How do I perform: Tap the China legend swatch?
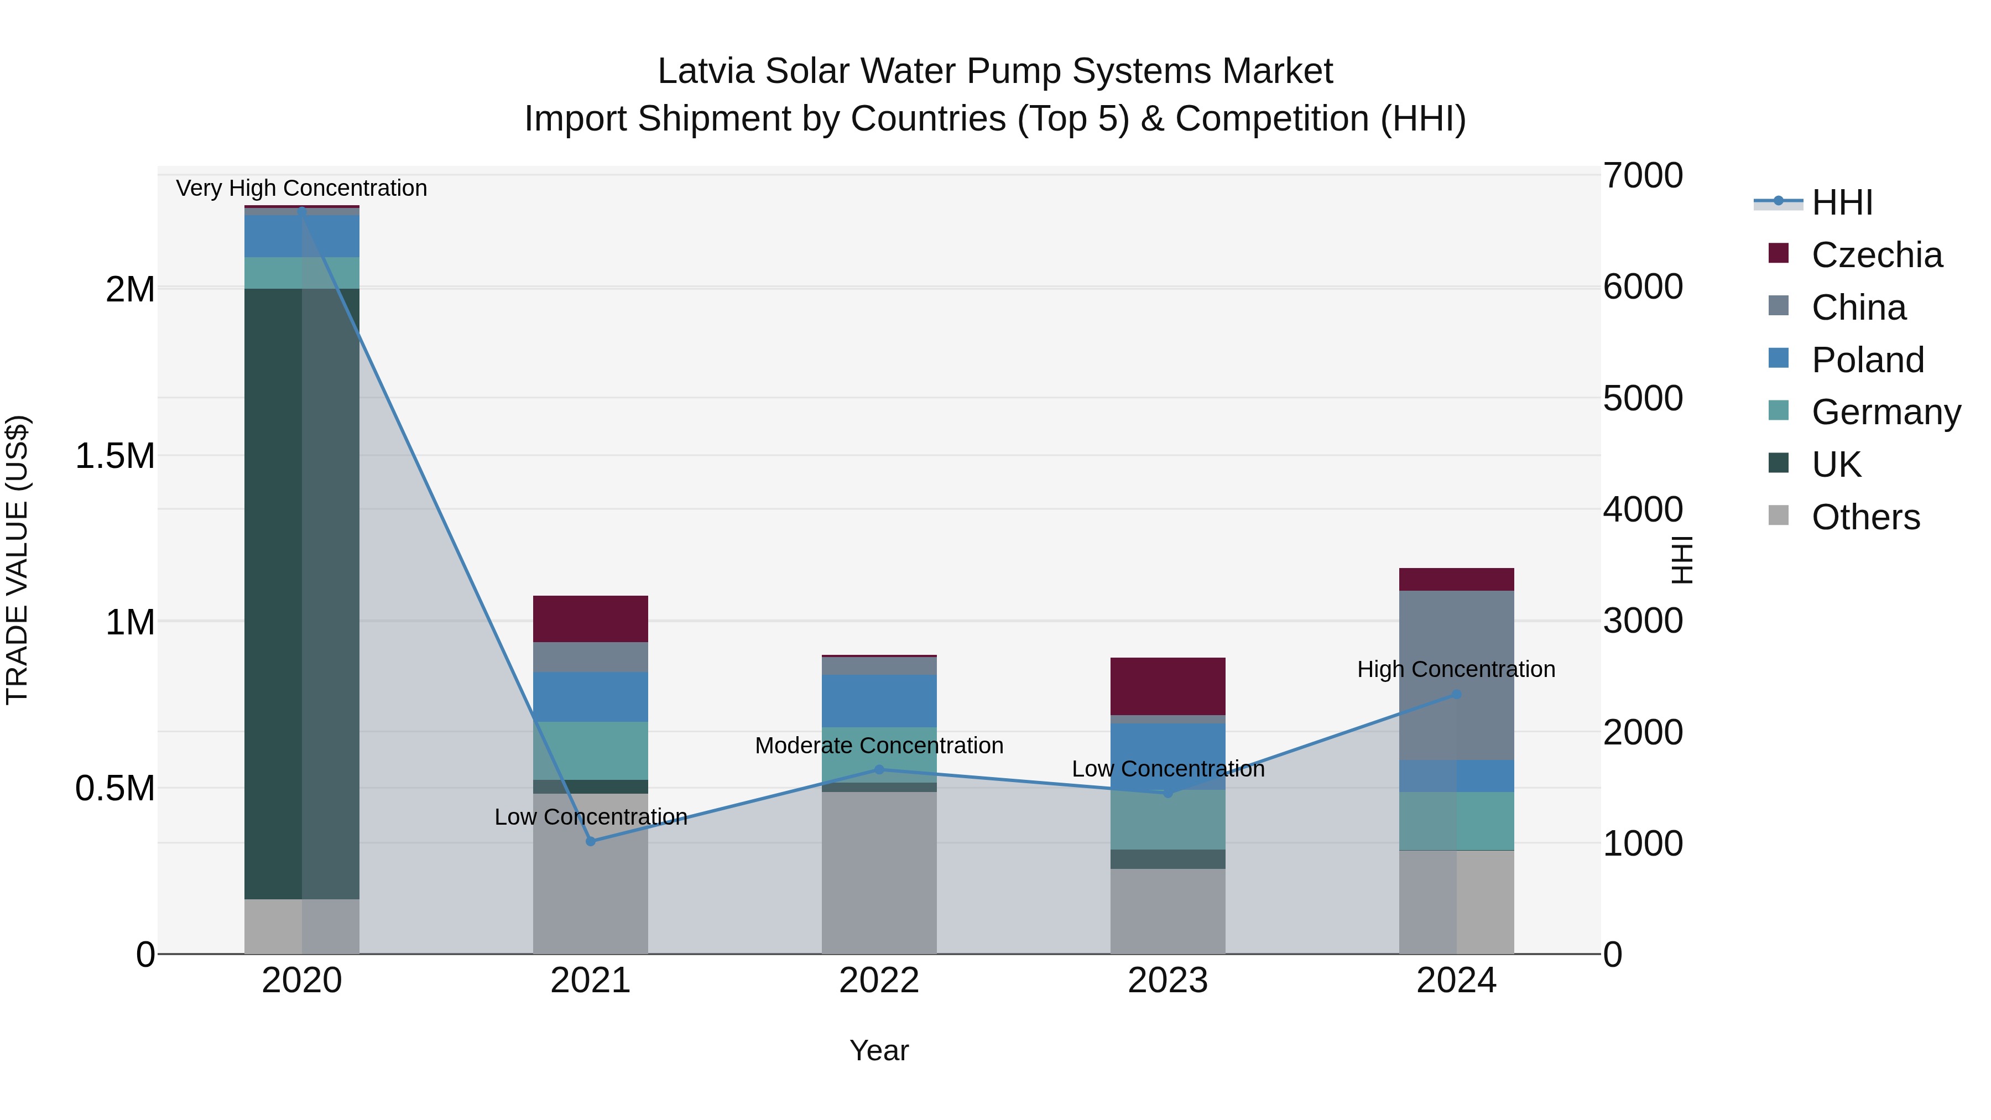[x=1779, y=306]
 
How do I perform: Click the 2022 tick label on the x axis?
[x=879, y=981]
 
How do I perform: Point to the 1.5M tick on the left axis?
[x=114, y=456]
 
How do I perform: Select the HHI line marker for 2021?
[x=591, y=841]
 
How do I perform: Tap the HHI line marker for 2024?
[x=1456, y=694]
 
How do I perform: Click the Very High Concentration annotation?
[x=301, y=188]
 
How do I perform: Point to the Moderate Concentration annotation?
[x=879, y=746]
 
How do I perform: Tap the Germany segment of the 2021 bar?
[x=591, y=750]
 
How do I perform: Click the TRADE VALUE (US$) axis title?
[x=18, y=560]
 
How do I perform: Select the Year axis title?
[x=879, y=1050]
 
